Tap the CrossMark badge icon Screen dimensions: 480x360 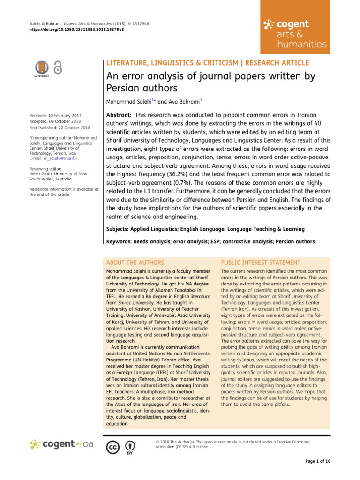point(41,68)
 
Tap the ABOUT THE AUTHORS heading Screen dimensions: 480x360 point(135,262)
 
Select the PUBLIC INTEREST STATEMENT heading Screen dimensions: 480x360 point(261,262)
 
